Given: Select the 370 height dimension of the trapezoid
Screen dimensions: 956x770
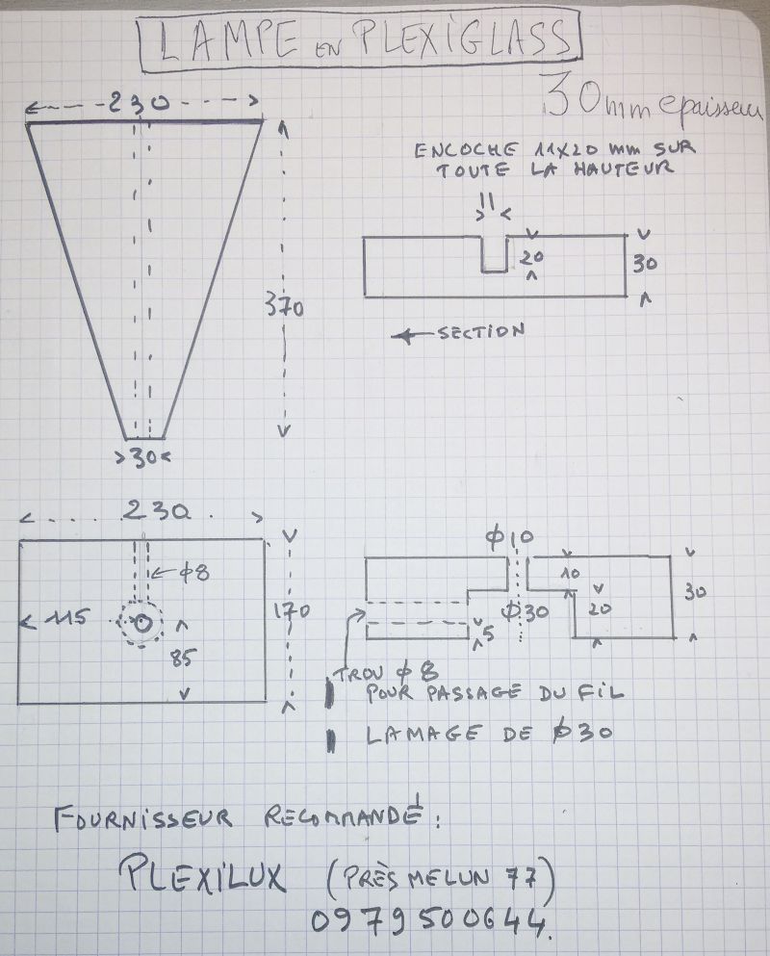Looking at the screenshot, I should [x=285, y=308].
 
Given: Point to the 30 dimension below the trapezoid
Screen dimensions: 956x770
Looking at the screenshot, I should [x=145, y=458].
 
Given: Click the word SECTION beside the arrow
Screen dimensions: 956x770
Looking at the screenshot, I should [x=480, y=333].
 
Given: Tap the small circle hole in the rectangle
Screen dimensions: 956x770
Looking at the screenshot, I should [x=142, y=624].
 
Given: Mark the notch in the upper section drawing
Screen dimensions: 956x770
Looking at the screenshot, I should [x=494, y=256].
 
